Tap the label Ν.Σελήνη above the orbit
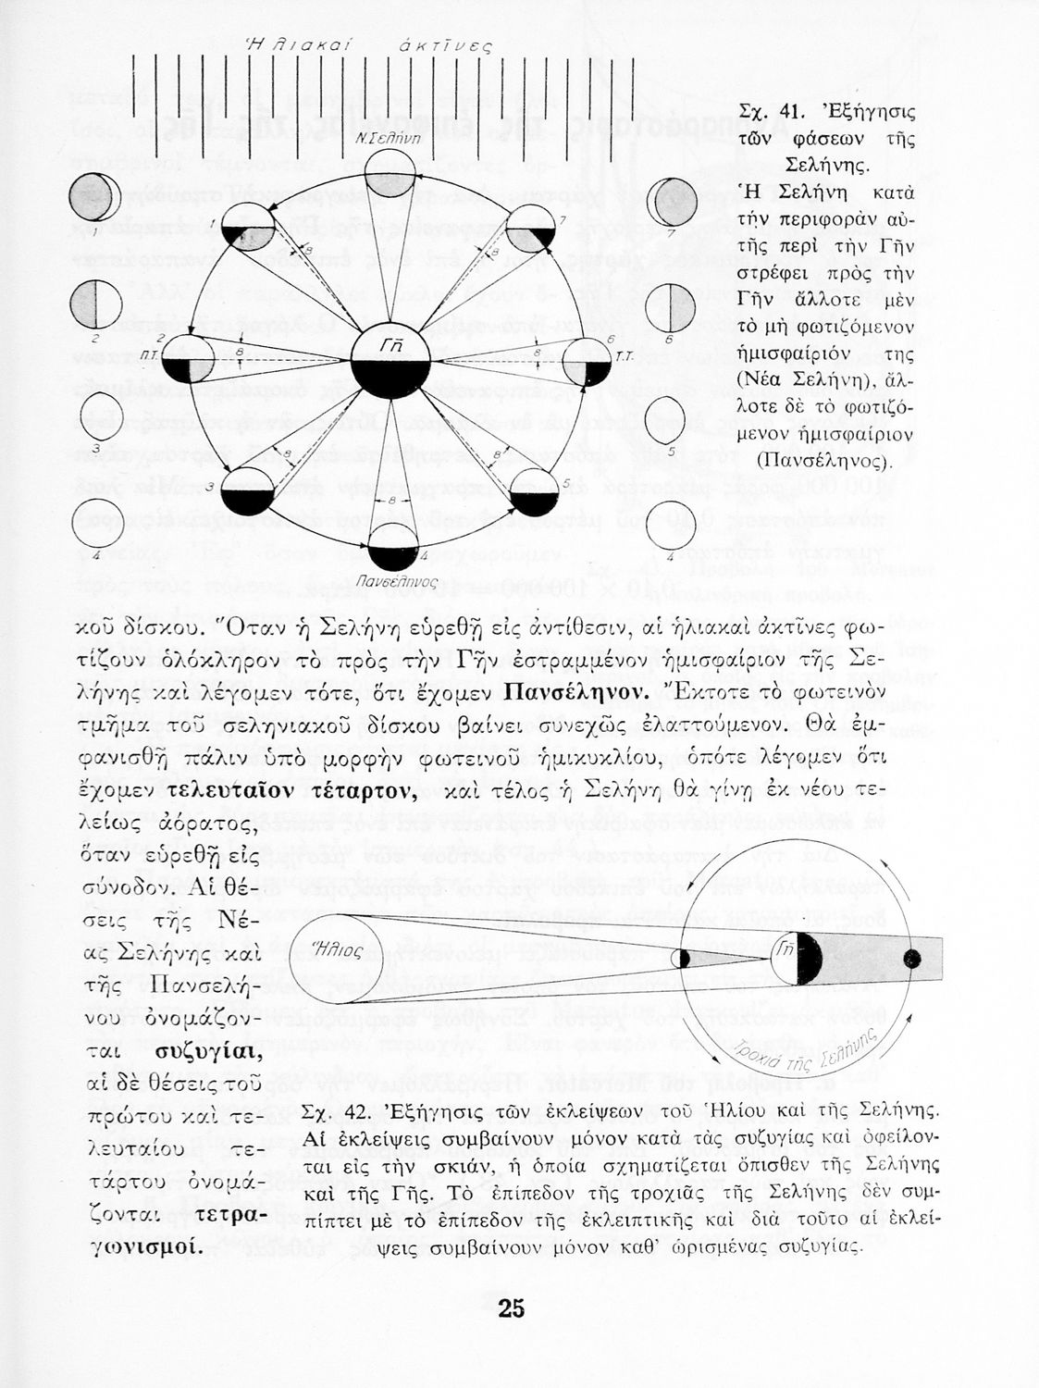coord(390,135)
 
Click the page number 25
coord(511,1308)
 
